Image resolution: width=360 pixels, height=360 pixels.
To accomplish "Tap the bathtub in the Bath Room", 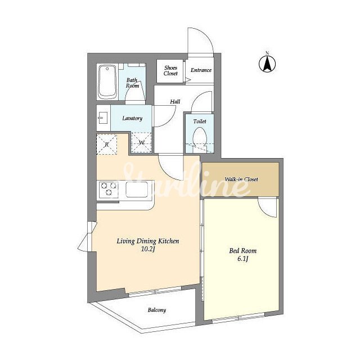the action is click(x=107, y=82).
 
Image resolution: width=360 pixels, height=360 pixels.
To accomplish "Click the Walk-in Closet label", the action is click(x=241, y=179).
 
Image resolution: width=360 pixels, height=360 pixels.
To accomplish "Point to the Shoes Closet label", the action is click(x=170, y=71).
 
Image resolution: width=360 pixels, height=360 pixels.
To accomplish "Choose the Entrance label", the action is click(x=201, y=70).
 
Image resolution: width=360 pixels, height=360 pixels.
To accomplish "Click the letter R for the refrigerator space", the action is click(x=107, y=145).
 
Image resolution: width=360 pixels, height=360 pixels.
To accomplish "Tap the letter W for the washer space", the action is click(x=142, y=142).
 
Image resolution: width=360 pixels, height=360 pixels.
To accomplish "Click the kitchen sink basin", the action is click(x=137, y=190).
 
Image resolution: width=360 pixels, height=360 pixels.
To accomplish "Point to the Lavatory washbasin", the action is click(x=102, y=118).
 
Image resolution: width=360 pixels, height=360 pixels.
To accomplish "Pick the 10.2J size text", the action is click(x=147, y=249).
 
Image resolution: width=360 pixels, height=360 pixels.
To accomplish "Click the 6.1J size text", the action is click(x=242, y=259).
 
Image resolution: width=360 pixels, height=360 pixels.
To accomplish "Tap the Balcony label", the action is click(x=157, y=310).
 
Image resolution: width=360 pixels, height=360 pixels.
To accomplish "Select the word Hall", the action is click(x=175, y=101).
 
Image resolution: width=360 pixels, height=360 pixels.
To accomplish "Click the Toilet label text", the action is click(x=200, y=121).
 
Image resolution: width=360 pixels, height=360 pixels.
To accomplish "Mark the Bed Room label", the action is click(x=242, y=250).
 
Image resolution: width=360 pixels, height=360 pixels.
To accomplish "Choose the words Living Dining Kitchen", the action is click(x=148, y=241).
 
